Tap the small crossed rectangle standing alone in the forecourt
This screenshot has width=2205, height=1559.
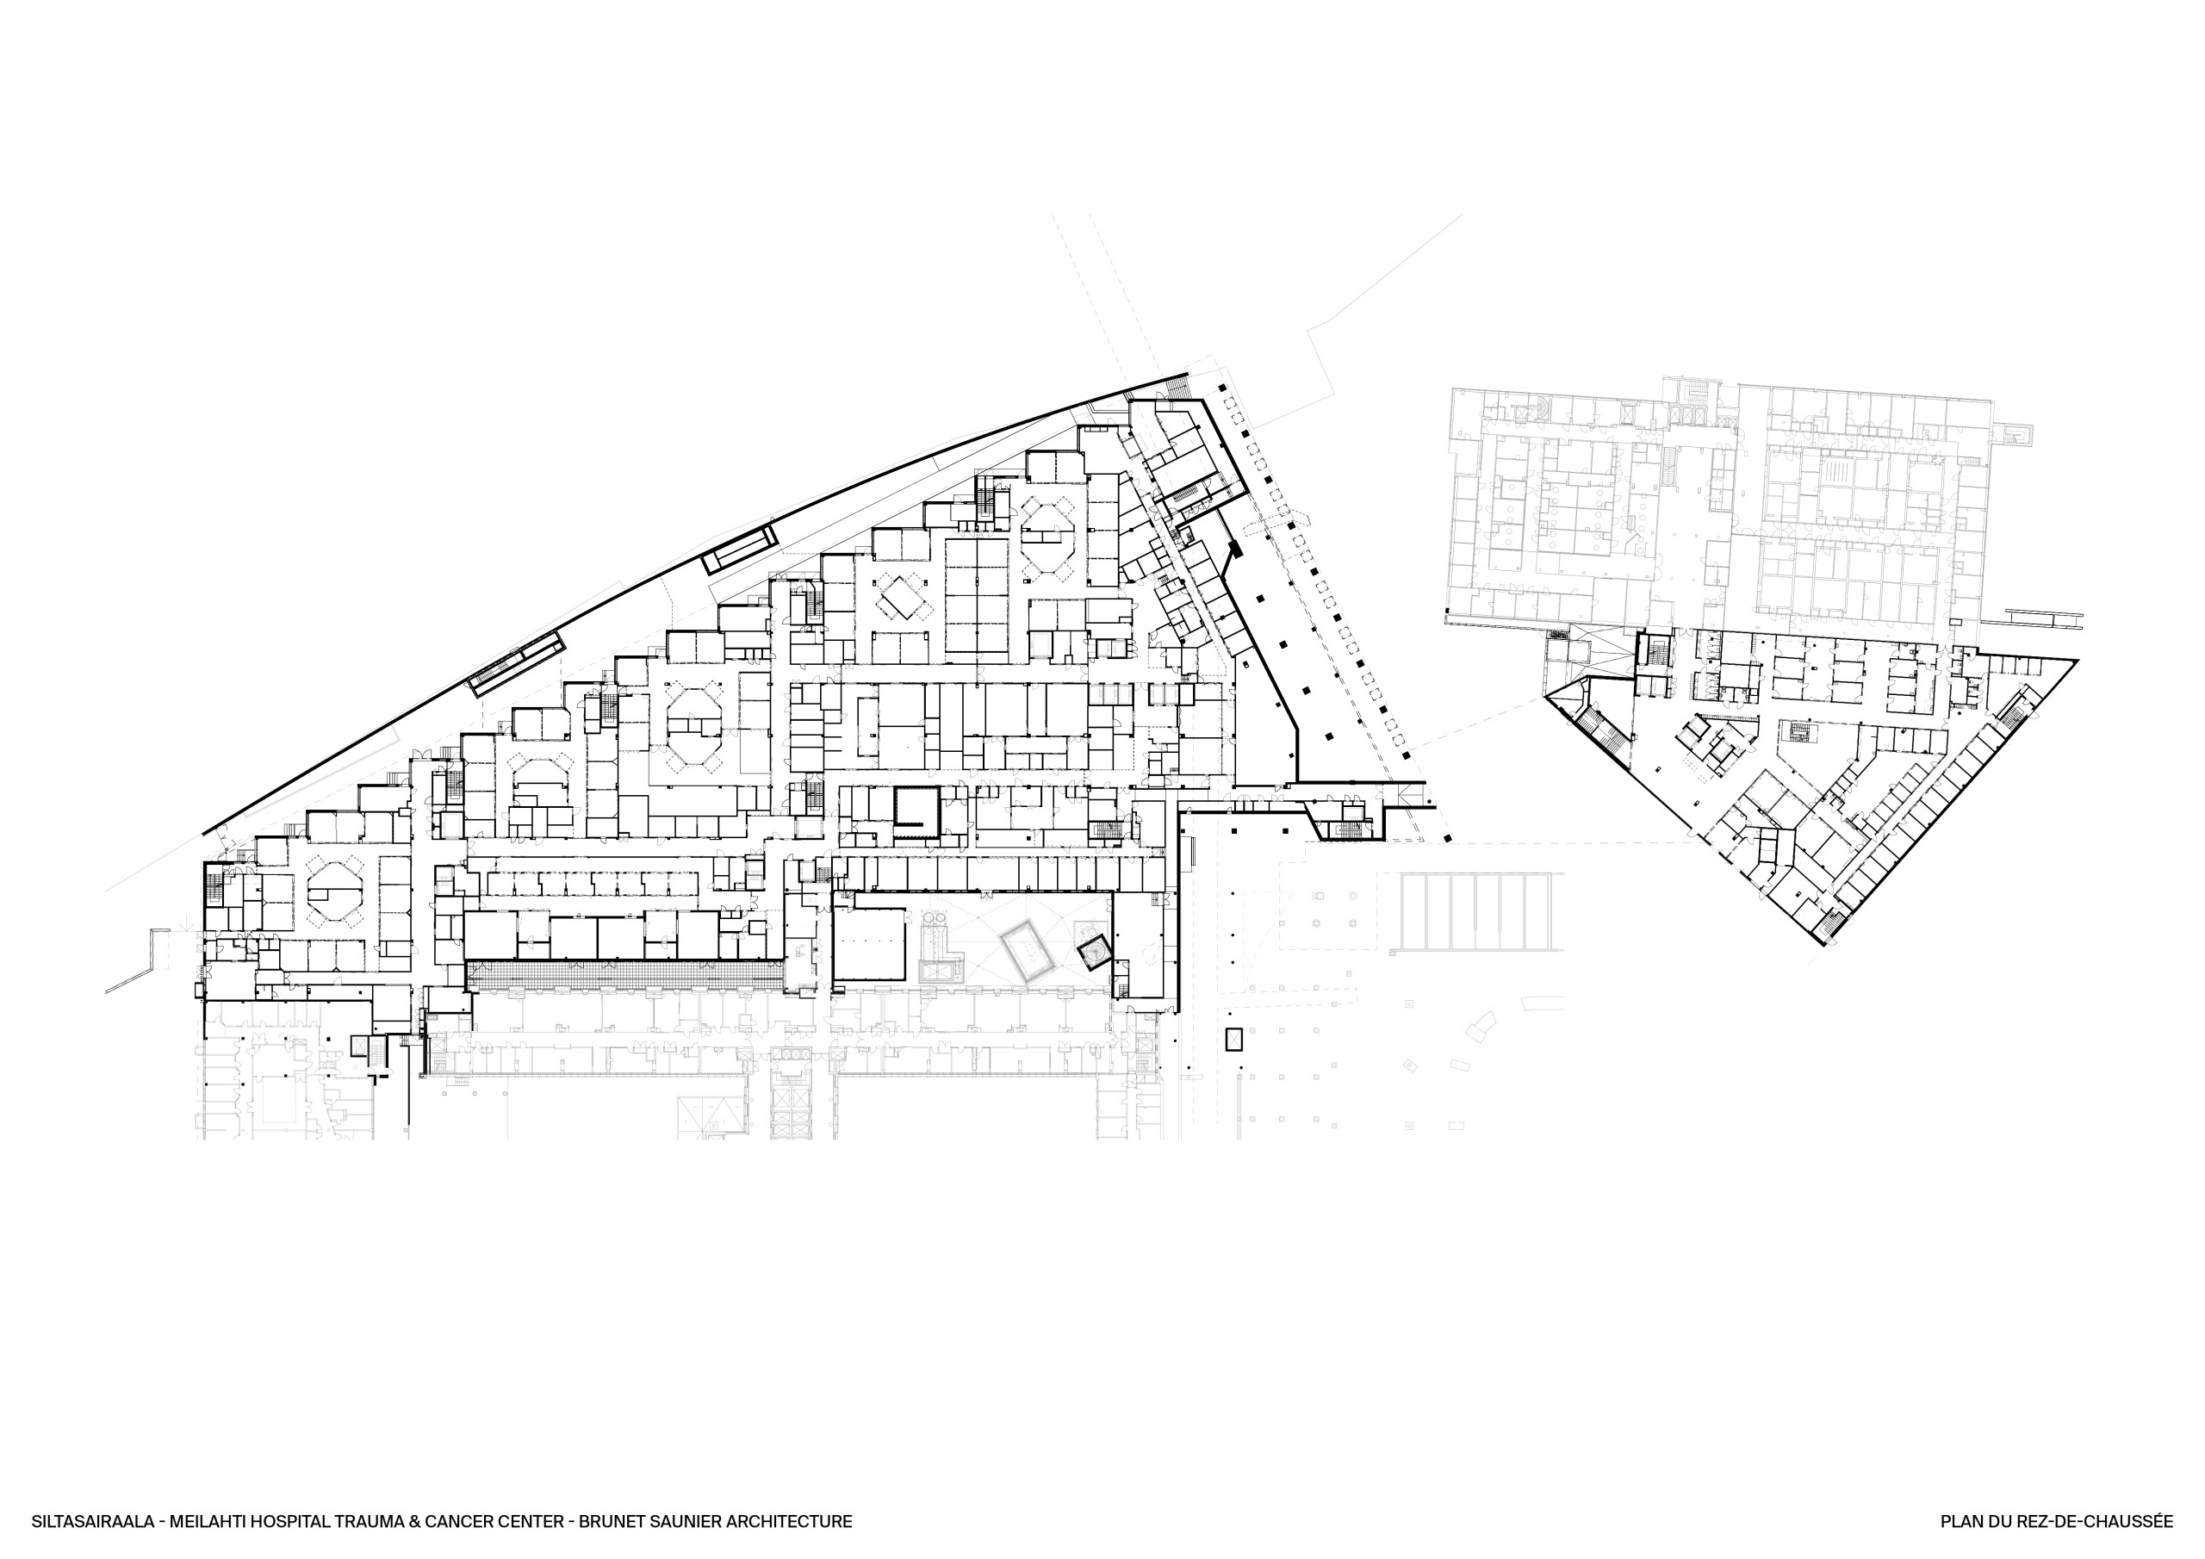1233,1039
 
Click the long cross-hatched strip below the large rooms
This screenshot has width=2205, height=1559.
624,976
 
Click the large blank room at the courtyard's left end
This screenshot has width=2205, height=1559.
868,944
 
